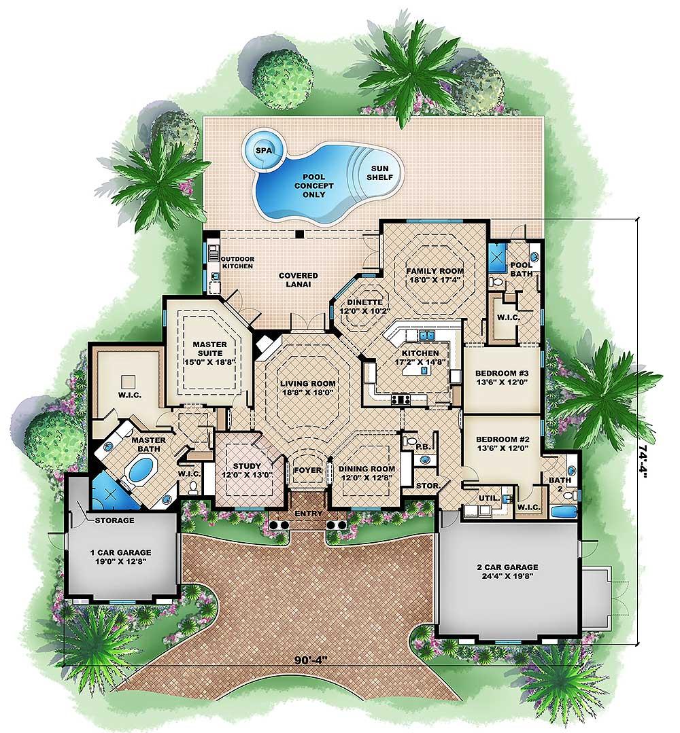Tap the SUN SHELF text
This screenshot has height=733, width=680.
[x=379, y=173]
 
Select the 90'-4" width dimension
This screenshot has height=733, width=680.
[x=310, y=660]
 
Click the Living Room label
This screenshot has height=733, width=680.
[x=308, y=388]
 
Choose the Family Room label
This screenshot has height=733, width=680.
[x=435, y=275]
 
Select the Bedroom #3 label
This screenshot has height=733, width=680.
[x=502, y=377]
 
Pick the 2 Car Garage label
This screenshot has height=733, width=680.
[x=507, y=571]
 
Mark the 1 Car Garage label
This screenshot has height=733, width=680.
[x=121, y=557]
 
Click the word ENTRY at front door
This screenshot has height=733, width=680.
[x=309, y=514]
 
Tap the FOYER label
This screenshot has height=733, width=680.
[x=307, y=469]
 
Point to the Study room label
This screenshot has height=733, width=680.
[x=247, y=470]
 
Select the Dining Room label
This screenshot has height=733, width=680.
[x=367, y=473]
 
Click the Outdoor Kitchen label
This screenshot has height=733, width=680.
[x=237, y=262]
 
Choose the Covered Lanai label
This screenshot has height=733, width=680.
[x=298, y=280]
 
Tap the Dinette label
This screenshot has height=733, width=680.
[x=364, y=306]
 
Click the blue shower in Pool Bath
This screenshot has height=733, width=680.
[x=497, y=257]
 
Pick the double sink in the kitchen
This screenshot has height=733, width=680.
[x=427, y=335]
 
